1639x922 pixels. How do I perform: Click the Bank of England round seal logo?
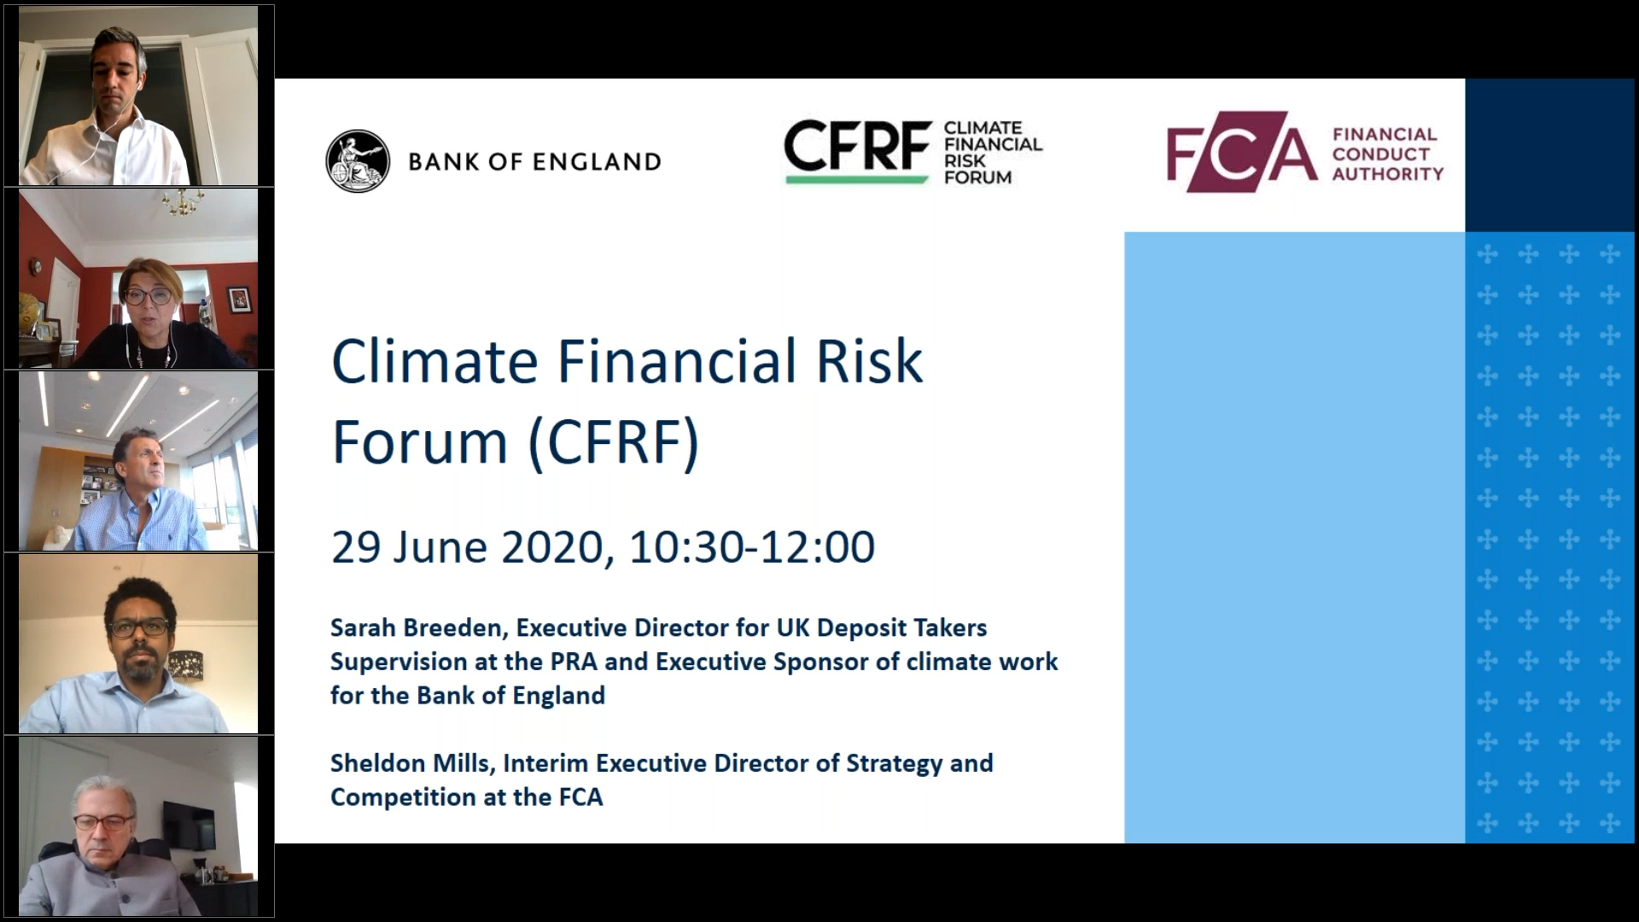(358, 161)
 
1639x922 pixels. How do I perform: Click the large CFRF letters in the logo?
(857, 146)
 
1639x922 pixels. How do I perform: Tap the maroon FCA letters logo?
(1242, 153)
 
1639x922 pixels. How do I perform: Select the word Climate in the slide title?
(435, 361)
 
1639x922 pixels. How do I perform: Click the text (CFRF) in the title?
(614, 441)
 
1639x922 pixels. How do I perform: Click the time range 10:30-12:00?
(752, 547)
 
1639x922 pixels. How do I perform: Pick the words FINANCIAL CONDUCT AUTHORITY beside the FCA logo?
(1387, 154)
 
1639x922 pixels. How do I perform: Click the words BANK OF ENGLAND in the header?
(534, 161)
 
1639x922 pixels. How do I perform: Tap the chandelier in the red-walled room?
(182, 201)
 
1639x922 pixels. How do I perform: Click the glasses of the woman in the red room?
(148, 296)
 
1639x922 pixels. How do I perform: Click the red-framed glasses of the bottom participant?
(103, 821)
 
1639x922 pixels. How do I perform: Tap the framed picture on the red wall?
(238, 299)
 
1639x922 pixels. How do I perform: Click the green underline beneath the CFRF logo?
(856, 179)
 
